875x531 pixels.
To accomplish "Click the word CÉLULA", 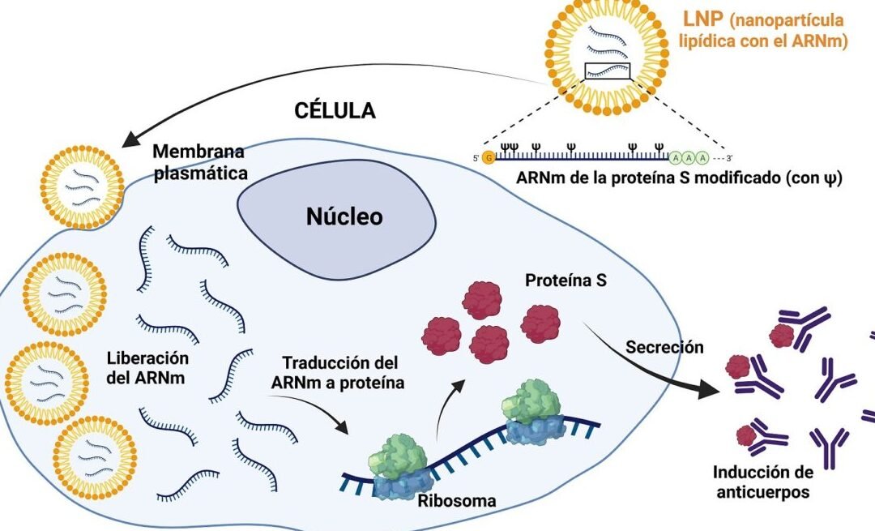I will pos(334,110).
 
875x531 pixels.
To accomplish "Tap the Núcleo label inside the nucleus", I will pos(344,217).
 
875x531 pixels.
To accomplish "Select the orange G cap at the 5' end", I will pos(488,156).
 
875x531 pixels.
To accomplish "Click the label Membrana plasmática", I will pos(198,162).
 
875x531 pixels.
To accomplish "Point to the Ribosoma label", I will pos(456,500).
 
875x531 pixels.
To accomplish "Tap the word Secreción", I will pos(664,347).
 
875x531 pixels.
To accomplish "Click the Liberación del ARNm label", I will pos(147,366).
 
